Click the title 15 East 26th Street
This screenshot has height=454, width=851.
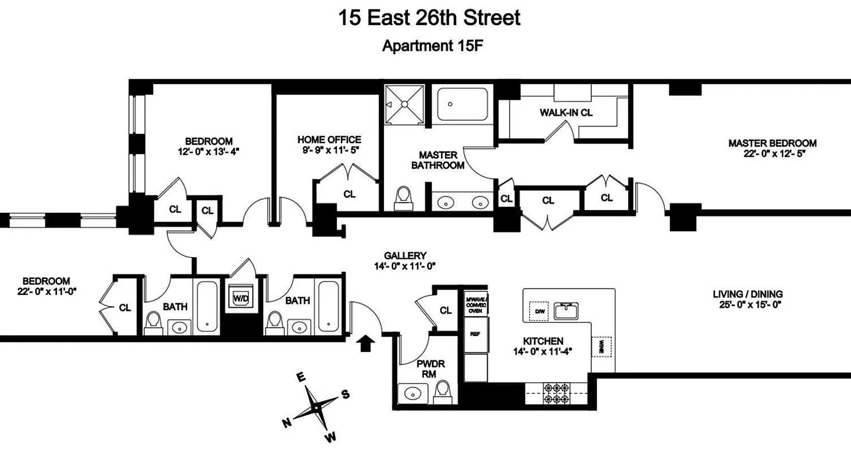coord(429,18)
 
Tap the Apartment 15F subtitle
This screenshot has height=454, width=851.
coord(432,46)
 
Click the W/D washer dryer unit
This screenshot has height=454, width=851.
coord(240,297)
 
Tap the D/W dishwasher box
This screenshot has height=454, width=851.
coord(538,310)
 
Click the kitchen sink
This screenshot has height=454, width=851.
coord(566,310)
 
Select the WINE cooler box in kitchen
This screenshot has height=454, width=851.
coord(601,347)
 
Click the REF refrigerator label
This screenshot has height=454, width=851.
coord(475,334)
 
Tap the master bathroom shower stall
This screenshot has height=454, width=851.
coord(405,104)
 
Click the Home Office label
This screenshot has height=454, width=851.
coord(329,140)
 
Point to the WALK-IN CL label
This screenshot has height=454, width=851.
coord(566,112)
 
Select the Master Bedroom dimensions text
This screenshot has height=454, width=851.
coord(772,153)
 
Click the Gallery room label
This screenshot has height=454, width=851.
coord(405,256)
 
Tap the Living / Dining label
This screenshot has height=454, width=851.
coord(748,294)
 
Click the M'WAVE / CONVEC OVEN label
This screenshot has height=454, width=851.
coord(475,304)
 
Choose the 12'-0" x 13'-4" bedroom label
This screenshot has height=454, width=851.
coord(209,151)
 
